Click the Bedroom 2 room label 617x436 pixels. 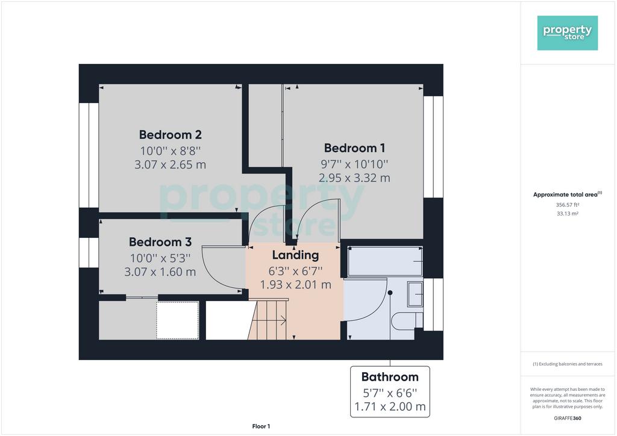[171, 135]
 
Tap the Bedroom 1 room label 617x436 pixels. [354, 148]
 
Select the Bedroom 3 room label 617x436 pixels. [160, 241]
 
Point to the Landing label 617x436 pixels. [295, 255]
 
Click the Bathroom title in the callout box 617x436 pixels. [390, 377]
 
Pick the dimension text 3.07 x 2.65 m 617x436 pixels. [171, 165]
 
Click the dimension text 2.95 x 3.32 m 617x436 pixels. [354, 178]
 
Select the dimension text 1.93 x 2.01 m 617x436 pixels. [295, 285]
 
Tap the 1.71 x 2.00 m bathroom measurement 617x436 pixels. [390, 406]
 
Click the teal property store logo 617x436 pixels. [568, 33]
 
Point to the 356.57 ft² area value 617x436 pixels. [568, 205]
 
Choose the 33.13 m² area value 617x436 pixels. [568, 214]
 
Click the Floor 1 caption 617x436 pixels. [261, 426]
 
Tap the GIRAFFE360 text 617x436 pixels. [568, 419]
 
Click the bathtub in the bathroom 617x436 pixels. [385, 261]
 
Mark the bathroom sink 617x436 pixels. [415, 294]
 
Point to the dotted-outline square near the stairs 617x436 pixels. [178, 320]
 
